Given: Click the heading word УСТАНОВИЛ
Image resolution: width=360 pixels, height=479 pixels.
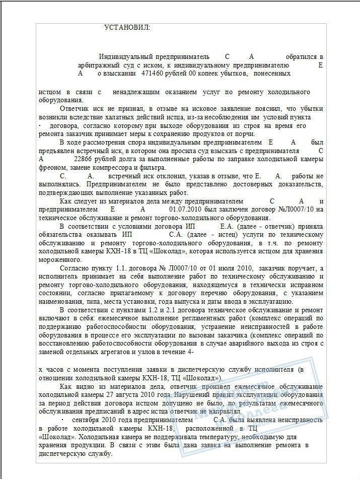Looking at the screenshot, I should [x=126, y=27].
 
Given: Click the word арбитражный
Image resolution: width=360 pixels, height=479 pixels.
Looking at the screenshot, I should [x=99, y=65].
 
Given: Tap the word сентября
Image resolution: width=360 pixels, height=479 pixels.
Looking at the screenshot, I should [x=88, y=420].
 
